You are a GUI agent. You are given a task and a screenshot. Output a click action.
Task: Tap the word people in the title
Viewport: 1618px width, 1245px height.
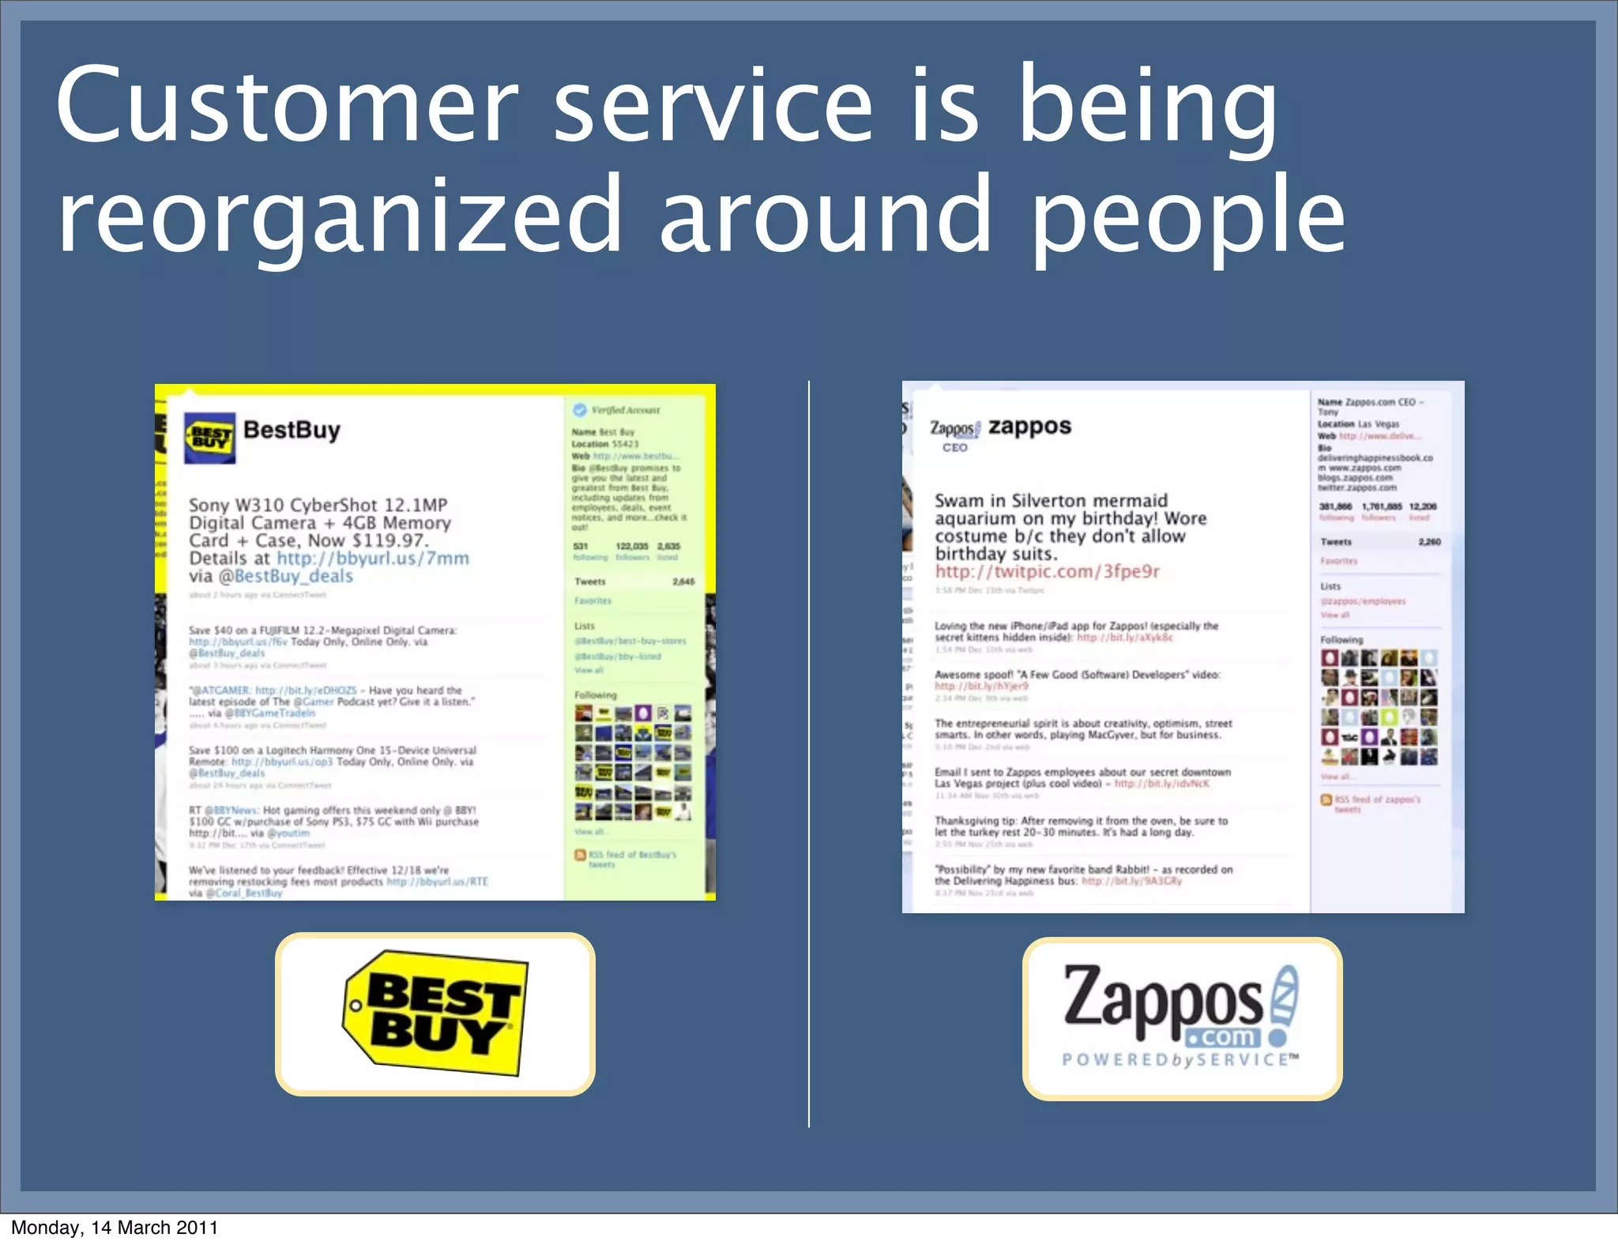(1188, 215)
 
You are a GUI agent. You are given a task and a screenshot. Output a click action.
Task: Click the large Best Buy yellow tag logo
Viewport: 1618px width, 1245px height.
(435, 1014)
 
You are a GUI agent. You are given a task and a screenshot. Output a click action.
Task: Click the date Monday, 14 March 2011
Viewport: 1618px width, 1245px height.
(115, 1228)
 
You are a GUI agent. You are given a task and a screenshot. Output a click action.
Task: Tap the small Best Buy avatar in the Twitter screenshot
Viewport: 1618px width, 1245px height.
(209, 437)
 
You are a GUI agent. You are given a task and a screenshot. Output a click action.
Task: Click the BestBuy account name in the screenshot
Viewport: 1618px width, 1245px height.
(292, 431)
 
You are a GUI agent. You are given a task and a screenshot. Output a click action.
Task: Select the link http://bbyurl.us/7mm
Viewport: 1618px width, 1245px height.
(372, 559)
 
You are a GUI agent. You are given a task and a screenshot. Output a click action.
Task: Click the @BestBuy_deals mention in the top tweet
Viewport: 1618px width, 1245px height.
(285, 576)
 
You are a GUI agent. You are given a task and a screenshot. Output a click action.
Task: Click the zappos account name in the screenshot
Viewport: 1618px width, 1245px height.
(1029, 427)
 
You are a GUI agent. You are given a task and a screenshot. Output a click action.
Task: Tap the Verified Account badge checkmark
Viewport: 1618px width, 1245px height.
(580, 409)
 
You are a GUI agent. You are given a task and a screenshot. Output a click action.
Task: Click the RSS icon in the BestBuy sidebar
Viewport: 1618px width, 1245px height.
(580, 855)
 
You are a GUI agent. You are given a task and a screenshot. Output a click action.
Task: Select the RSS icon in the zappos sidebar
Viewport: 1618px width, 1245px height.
(1326, 799)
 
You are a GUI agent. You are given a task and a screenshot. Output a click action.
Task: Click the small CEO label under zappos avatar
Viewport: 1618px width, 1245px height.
(954, 448)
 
